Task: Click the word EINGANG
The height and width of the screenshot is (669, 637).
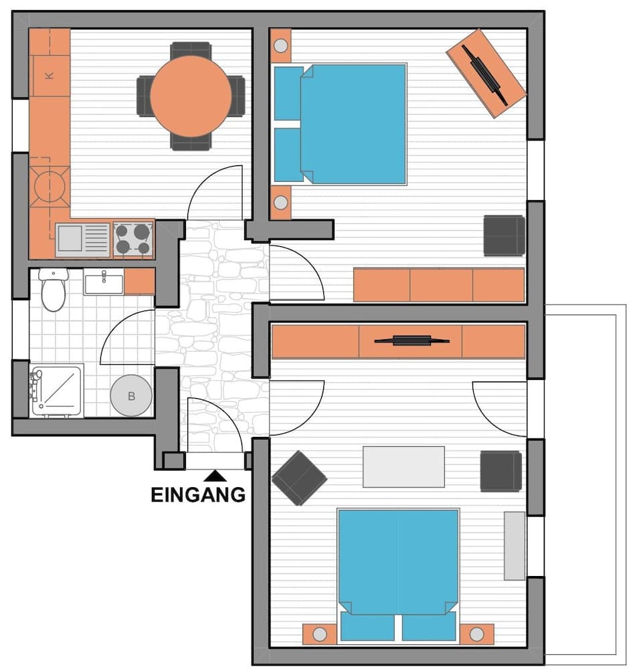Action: pos(197,495)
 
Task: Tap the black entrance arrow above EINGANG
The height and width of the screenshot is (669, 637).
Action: pos(214,476)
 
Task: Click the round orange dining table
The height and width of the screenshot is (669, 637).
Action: pos(191,96)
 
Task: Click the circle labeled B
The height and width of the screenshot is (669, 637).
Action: pos(131,396)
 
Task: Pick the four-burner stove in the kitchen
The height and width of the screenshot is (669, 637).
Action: pos(132,240)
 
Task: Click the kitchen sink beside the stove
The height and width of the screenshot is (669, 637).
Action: pos(83,240)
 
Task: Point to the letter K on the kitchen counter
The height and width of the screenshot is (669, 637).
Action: pos(49,76)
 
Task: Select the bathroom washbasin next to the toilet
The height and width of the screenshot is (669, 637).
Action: pos(103,282)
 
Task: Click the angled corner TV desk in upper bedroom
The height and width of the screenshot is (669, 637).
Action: pos(486,73)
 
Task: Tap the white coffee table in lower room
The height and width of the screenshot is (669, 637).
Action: pos(403,466)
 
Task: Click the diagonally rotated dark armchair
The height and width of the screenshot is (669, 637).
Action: pos(299,478)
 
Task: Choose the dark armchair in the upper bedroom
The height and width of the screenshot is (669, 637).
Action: pos(504,235)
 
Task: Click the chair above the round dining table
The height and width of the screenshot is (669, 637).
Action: pos(191,49)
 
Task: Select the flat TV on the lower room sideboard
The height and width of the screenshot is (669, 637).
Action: pos(411,341)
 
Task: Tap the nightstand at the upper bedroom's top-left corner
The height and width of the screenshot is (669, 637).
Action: pos(280,46)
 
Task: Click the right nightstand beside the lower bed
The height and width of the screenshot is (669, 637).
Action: pos(476,634)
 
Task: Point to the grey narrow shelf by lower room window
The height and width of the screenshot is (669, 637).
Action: pos(515,545)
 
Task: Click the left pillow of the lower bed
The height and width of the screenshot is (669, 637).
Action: pos(367,626)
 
